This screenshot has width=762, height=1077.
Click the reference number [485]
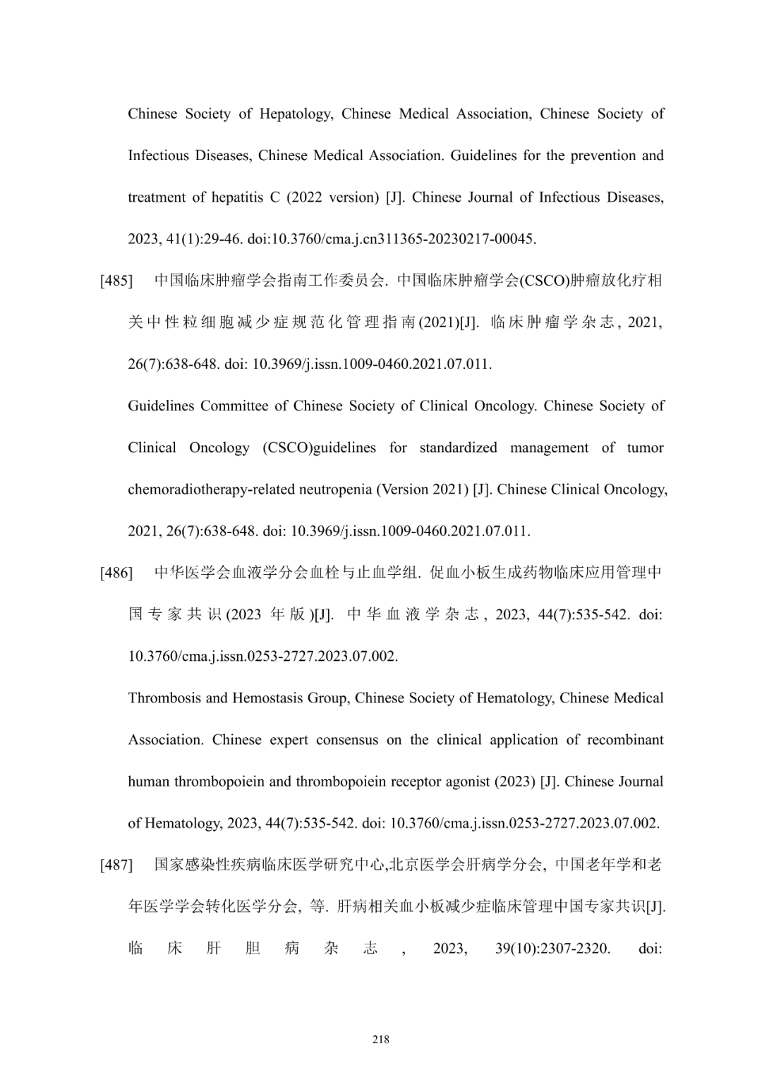tap(116, 281)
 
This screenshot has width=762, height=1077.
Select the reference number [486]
tap(116, 573)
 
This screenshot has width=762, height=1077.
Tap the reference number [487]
tap(116, 865)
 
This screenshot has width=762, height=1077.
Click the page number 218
tap(381, 1039)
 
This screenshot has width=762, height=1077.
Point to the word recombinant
tap(625, 740)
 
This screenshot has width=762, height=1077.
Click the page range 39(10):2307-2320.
tap(552, 949)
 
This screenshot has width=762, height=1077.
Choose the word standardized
tap(458, 448)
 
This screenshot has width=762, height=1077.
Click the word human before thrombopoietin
tap(149, 781)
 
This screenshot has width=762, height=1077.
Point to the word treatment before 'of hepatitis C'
tap(156, 197)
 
